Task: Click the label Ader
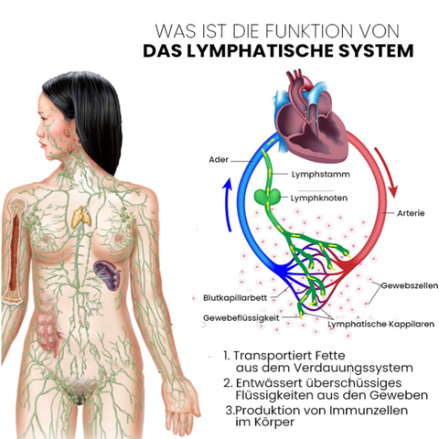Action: [x=219, y=160]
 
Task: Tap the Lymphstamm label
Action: [x=321, y=175]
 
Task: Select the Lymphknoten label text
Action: [x=319, y=198]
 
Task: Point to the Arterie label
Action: [x=411, y=213]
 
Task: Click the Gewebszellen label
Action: [x=410, y=285]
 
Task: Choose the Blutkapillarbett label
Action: [x=235, y=298]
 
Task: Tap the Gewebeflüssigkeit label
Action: [x=241, y=318]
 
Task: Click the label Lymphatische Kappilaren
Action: [x=381, y=324]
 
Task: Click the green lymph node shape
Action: [x=267, y=196]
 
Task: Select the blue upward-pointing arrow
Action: [x=227, y=205]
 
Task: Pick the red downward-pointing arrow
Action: [x=387, y=172]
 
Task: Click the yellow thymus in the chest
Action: [x=80, y=218]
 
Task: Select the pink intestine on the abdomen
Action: [x=48, y=332]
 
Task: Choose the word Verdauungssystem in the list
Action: [x=353, y=369]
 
